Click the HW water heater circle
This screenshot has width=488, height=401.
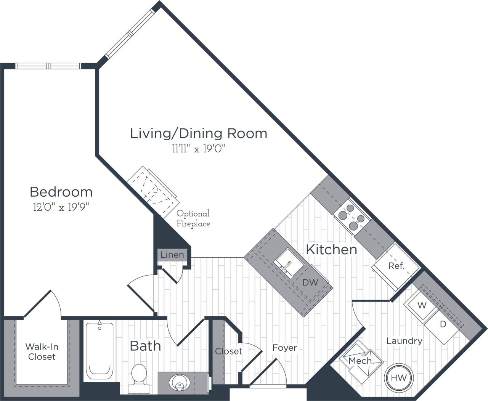click(399, 378)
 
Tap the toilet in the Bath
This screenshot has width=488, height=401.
click(138, 377)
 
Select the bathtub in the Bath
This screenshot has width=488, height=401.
click(100, 351)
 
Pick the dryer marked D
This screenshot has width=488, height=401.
click(442, 325)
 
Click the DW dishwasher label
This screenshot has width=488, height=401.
click(310, 282)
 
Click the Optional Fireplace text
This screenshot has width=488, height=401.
click(193, 219)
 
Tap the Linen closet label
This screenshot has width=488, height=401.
click(172, 255)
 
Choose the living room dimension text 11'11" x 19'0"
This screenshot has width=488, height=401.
click(199, 149)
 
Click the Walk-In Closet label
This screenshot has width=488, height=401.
click(42, 351)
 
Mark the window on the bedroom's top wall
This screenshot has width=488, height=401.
click(48, 66)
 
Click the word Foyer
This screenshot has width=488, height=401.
click(284, 348)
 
